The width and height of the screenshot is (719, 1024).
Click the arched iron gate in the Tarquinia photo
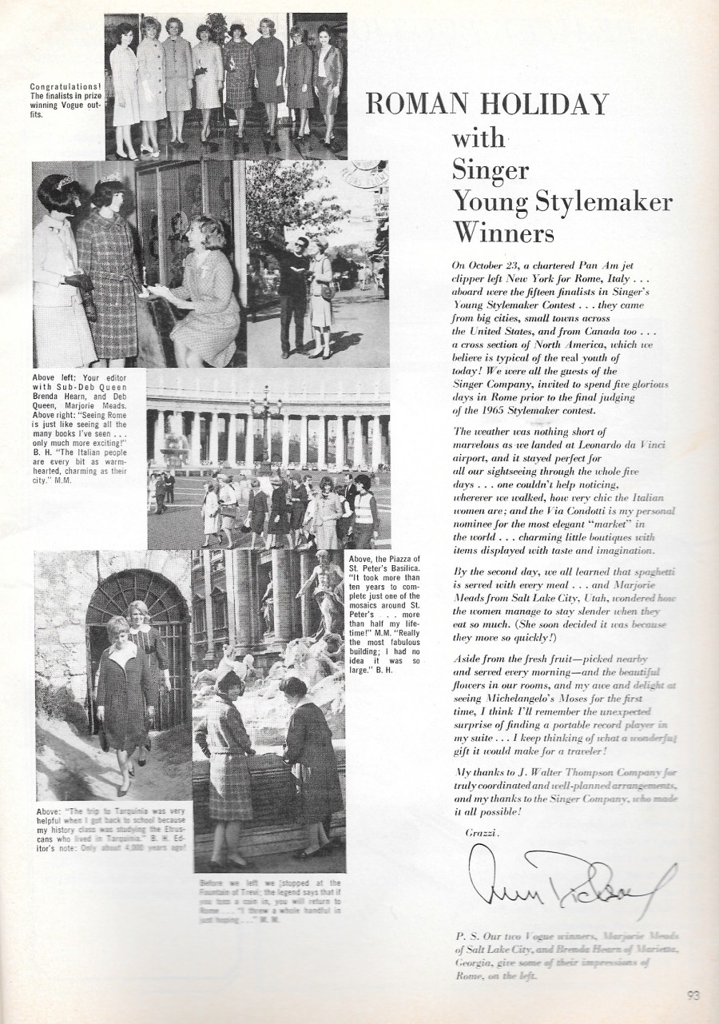click(136, 632)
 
